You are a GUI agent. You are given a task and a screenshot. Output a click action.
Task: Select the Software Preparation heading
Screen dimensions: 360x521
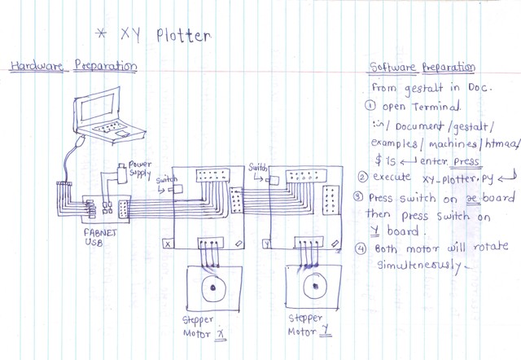click(422, 67)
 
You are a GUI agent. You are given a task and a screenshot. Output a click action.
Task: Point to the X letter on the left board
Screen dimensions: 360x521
click(168, 244)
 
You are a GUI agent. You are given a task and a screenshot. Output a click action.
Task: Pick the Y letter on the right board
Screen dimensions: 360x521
click(267, 243)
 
